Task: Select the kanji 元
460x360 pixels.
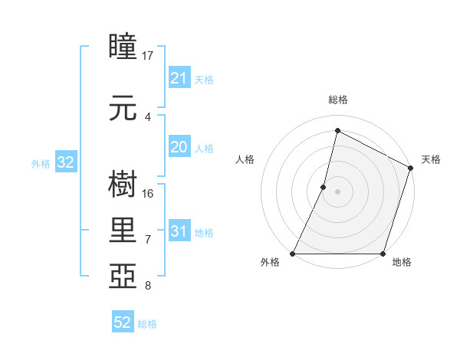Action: (x=123, y=110)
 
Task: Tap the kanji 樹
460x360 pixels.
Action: (x=123, y=184)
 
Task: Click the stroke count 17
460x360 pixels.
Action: (x=148, y=56)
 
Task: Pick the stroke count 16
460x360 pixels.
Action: (x=148, y=193)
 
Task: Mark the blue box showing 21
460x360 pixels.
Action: (x=179, y=78)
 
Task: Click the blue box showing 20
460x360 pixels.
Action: (x=179, y=148)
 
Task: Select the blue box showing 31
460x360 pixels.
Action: (x=179, y=231)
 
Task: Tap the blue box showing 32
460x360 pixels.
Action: (x=65, y=162)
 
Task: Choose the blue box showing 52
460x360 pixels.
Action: (x=123, y=322)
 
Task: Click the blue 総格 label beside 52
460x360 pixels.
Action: (x=147, y=324)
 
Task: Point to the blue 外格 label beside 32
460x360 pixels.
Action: (x=41, y=163)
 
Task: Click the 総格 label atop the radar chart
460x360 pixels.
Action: (x=337, y=100)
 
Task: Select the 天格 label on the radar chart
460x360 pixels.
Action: (x=431, y=159)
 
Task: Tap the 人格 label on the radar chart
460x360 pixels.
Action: (x=245, y=159)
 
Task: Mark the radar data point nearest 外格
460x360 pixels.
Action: (x=293, y=254)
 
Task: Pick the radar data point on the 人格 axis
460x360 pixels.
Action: (x=324, y=187)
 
